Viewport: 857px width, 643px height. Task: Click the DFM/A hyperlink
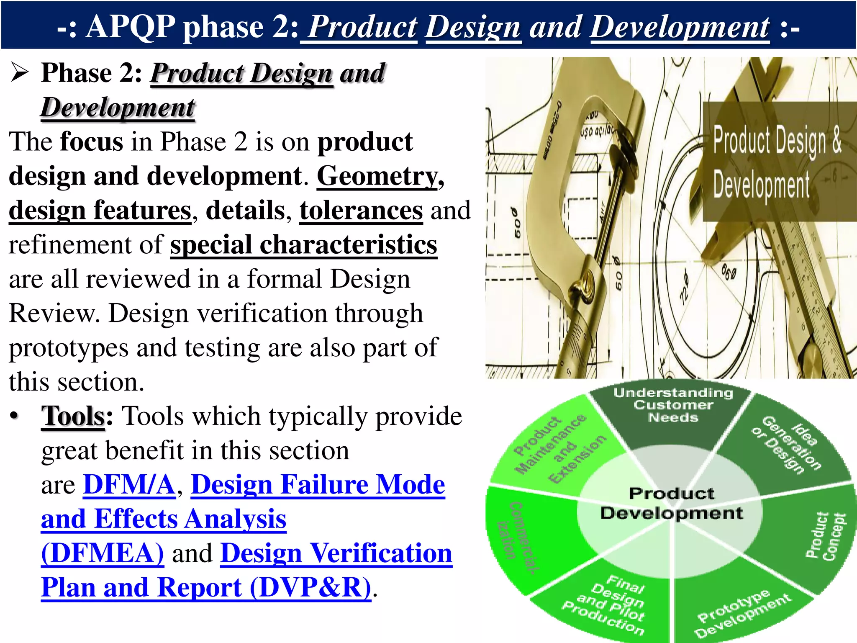point(129,485)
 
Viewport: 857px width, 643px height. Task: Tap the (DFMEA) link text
point(103,553)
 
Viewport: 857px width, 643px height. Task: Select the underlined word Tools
point(73,417)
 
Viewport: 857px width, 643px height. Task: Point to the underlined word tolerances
point(361,211)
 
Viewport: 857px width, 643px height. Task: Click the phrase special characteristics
point(303,245)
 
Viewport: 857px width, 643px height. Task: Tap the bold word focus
point(92,142)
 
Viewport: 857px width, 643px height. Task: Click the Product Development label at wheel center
point(672,503)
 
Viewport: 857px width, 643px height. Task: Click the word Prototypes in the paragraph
point(68,348)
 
